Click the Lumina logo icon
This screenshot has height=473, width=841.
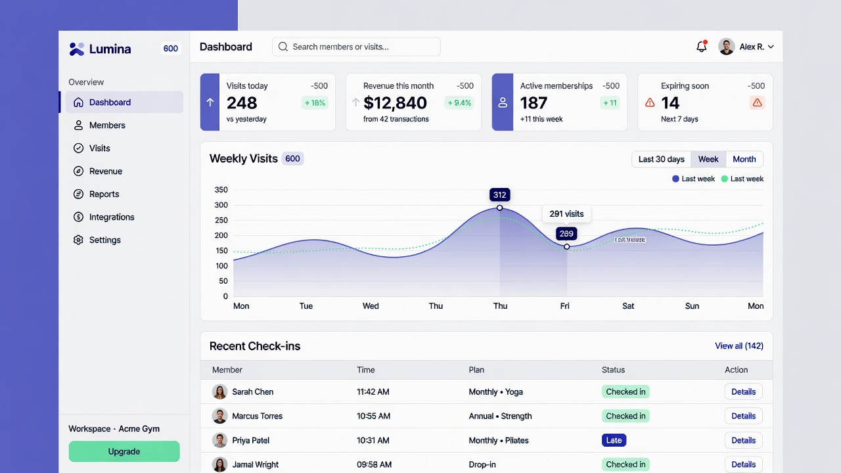(77, 49)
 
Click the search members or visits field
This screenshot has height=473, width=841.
(356, 47)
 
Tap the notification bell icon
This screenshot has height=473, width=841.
(701, 47)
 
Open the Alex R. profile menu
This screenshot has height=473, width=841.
(746, 47)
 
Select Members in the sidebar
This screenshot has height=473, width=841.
(107, 125)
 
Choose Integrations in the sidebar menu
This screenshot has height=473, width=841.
(112, 217)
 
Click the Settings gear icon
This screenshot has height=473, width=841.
(78, 240)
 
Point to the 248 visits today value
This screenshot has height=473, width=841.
(242, 103)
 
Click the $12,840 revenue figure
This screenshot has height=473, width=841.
(395, 103)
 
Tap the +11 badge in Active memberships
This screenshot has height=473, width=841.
(609, 103)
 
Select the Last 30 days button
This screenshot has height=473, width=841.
(661, 160)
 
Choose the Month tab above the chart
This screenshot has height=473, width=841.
(744, 160)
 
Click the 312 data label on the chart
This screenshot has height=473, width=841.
(499, 195)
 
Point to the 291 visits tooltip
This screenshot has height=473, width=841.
(566, 214)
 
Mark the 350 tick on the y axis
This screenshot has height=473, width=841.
(221, 191)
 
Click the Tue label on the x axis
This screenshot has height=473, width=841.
(306, 306)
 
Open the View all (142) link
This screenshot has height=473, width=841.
(739, 346)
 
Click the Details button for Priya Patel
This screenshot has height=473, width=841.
(743, 441)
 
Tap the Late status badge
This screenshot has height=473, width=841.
(614, 441)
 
